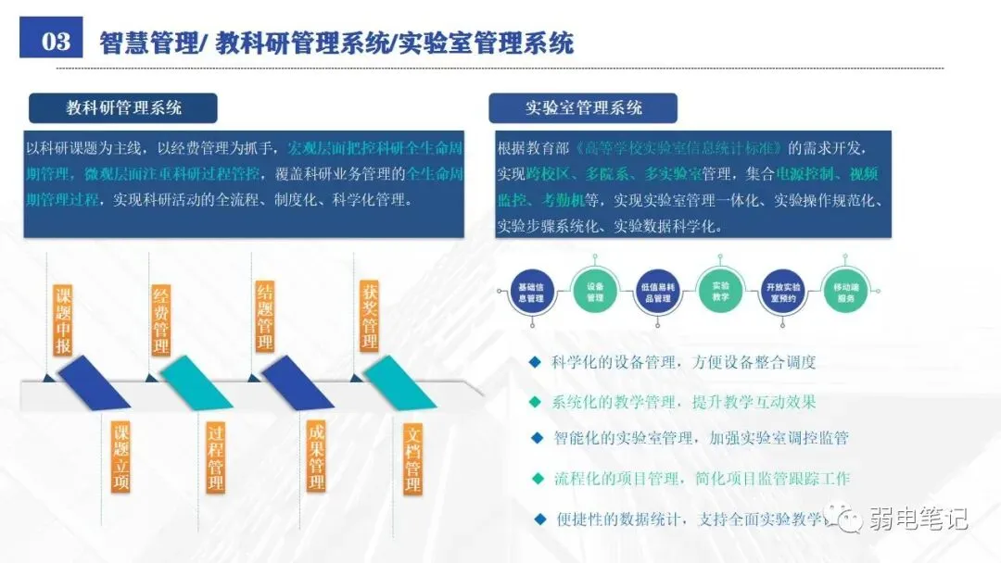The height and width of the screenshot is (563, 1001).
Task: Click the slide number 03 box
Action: [56, 41]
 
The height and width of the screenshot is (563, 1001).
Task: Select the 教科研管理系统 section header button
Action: [123, 108]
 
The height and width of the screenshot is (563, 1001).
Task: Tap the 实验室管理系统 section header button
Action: [583, 108]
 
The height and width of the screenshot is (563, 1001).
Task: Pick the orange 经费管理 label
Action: [161, 319]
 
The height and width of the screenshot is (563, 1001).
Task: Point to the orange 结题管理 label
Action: [265, 318]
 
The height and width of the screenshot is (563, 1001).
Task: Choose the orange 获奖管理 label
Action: [369, 318]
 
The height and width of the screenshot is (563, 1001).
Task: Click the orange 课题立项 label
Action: [120, 457]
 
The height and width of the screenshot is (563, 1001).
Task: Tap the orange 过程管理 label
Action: [216, 457]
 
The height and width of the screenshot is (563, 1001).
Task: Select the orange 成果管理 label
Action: [316, 457]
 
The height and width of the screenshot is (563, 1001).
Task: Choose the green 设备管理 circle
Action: [595, 293]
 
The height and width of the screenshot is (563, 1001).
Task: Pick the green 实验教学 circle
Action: [720, 291]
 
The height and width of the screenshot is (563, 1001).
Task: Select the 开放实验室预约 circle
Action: [784, 293]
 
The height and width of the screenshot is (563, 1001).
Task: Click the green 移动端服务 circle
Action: [845, 293]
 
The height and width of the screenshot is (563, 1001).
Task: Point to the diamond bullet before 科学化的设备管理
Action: [534, 362]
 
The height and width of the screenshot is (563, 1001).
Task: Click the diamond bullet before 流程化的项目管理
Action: [537, 479]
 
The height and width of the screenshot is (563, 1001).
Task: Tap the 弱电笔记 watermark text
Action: [917, 519]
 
